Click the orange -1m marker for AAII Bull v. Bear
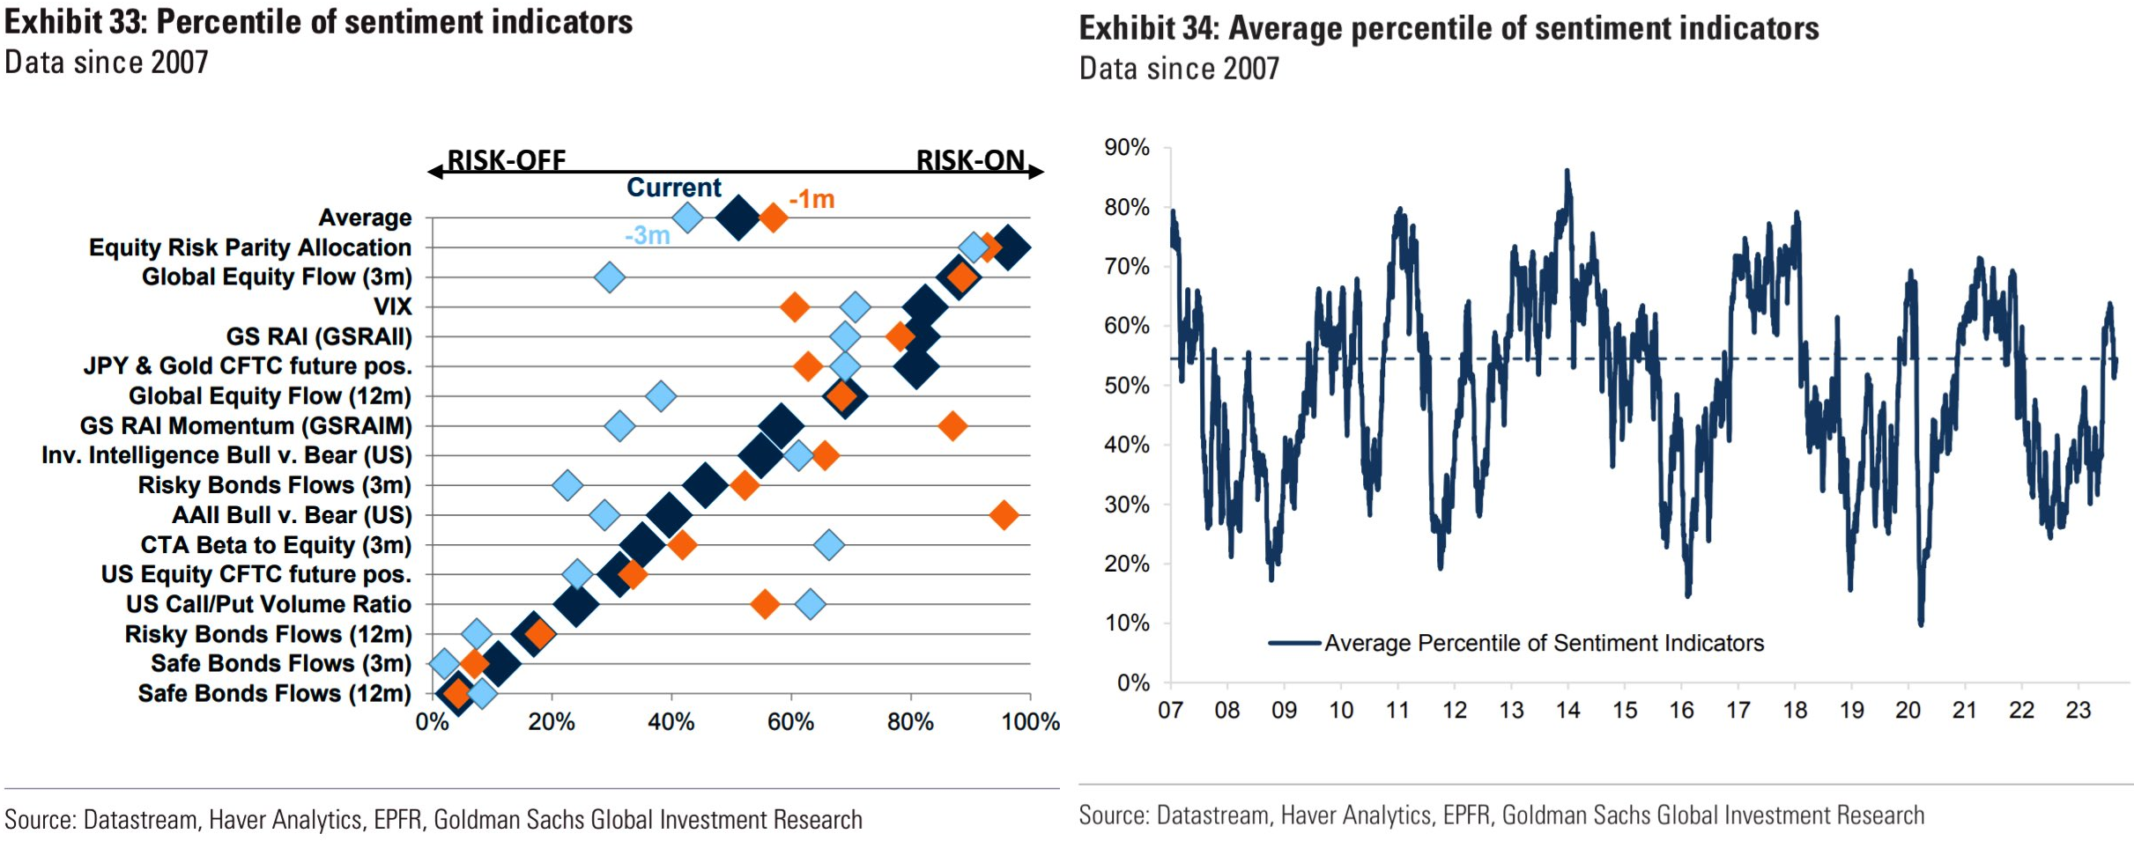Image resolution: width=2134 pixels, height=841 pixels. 1004,515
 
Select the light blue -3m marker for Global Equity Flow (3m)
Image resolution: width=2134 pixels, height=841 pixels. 609,277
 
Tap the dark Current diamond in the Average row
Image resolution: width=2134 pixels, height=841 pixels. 738,218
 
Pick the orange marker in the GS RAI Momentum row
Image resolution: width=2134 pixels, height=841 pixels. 952,426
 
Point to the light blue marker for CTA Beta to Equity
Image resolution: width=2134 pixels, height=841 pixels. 828,545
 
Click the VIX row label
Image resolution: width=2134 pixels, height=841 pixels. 392,306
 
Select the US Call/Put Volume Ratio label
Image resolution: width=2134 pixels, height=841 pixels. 268,604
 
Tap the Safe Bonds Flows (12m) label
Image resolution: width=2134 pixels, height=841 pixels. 274,694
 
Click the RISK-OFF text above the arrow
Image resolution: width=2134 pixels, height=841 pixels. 507,159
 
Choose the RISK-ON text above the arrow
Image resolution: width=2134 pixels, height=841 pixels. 970,159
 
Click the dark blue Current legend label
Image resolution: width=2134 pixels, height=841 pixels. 673,188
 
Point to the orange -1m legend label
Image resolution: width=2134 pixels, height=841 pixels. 811,199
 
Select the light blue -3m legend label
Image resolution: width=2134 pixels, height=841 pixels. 648,235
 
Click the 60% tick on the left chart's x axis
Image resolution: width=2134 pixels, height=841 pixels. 790,722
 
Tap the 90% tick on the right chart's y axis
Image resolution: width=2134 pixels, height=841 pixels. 1126,147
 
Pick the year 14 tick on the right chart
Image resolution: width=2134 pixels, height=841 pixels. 1567,710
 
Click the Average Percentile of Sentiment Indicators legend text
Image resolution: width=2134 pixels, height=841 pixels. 1544,643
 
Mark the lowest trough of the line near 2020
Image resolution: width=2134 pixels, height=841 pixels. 1921,623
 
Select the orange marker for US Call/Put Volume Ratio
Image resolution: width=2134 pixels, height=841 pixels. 765,604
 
